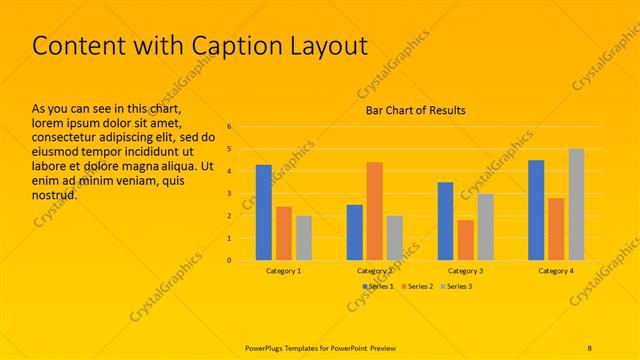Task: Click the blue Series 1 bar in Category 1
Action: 264,212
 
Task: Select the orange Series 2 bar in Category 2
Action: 374,211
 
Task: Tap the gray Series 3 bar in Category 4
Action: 576,204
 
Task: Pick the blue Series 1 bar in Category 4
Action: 536,210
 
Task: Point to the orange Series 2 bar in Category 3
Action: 465,240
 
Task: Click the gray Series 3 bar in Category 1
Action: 303,238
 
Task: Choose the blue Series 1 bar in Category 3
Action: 445,221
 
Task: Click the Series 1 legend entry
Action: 377,286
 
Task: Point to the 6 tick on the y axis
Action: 230,127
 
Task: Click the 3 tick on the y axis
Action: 230,194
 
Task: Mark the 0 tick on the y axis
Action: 230,261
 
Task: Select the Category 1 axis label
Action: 284,271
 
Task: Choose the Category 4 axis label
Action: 556,271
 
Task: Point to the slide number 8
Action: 589,347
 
